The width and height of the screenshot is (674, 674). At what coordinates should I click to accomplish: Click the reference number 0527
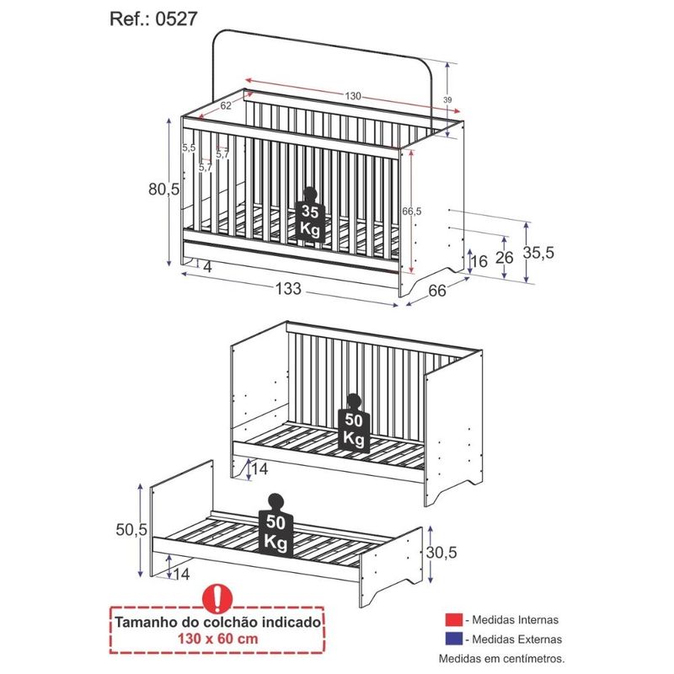[176, 19]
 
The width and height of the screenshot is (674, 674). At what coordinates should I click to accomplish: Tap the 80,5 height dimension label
[163, 189]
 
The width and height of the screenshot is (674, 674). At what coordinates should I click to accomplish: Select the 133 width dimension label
[288, 289]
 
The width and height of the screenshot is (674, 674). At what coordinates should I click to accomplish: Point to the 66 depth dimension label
[437, 291]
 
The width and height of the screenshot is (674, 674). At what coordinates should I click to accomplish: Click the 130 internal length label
[353, 96]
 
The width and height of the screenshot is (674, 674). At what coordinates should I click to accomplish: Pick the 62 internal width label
[226, 105]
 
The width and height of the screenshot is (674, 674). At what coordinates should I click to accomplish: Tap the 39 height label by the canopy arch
[447, 100]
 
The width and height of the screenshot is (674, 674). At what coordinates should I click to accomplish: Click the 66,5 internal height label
[412, 211]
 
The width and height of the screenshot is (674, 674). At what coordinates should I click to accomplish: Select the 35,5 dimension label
[538, 253]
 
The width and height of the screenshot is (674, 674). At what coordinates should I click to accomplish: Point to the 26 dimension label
[505, 258]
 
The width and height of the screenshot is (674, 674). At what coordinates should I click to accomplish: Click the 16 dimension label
[479, 261]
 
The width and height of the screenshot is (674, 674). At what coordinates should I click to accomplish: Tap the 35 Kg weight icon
[310, 215]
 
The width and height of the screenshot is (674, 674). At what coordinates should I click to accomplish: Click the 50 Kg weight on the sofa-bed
[354, 424]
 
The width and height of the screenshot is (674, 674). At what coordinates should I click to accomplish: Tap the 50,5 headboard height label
[131, 530]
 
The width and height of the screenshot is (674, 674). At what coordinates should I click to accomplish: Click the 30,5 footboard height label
[441, 553]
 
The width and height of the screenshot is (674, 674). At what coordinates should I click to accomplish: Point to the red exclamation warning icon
[217, 598]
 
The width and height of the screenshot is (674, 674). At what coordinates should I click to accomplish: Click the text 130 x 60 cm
[218, 639]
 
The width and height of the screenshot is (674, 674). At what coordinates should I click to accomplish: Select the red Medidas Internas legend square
[454, 620]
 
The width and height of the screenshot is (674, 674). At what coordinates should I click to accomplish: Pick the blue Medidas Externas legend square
[454, 639]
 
